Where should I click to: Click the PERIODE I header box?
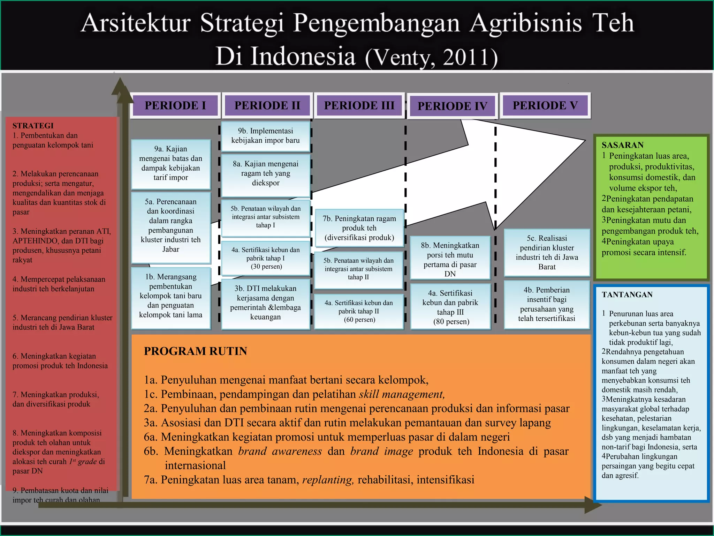(x=175, y=105)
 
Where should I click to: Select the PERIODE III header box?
(x=359, y=105)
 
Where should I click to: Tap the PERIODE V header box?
(x=545, y=105)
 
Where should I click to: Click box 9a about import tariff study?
(x=170, y=163)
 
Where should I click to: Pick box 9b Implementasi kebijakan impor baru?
(x=265, y=136)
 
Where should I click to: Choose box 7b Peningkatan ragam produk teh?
(x=359, y=228)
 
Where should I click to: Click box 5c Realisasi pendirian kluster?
(x=547, y=252)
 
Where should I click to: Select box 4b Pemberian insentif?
(x=546, y=304)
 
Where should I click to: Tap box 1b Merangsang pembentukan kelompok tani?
(x=170, y=296)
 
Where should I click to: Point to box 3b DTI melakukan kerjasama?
(x=265, y=303)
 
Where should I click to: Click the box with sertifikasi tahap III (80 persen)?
(x=450, y=307)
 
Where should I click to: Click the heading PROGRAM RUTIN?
(x=195, y=351)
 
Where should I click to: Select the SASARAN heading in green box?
(x=622, y=145)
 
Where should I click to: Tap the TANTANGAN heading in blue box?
(x=627, y=295)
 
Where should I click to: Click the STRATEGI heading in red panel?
(x=33, y=126)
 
